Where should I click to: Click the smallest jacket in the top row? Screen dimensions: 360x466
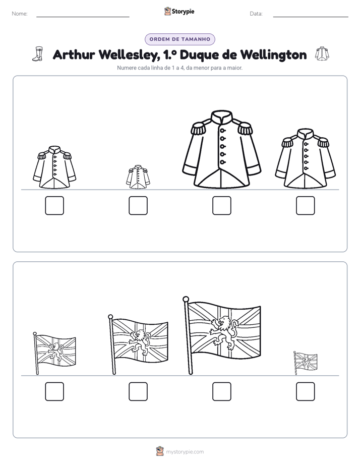[138, 177]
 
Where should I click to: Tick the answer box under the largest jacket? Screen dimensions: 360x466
[221, 205]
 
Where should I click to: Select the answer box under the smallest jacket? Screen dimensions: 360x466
[138, 205]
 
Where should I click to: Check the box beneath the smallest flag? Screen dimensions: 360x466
[306, 391]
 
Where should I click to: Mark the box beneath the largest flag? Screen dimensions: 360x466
[221, 391]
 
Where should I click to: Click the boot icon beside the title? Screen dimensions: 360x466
[38, 54]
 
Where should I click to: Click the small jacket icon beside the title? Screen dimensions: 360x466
[322, 54]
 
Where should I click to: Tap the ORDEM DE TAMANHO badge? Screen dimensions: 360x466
[180, 39]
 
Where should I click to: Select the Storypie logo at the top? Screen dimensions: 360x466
[179, 12]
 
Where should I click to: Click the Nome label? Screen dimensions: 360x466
[20, 14]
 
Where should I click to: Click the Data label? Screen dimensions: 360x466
[256, 14]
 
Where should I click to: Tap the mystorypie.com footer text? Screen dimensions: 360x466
[185, 452]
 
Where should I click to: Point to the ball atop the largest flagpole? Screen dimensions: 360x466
[186, 299]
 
